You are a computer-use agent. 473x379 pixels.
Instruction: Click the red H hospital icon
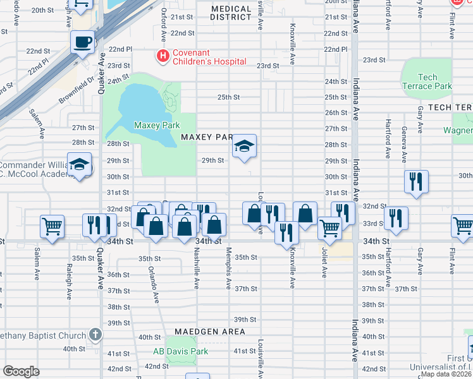pyautogui.click(x=163, y=56)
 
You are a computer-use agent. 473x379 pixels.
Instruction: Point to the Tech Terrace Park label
pyautogui.click(x=427, y=81)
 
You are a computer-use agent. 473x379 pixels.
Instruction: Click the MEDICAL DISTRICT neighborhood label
pyautogui.click(x=231, y=13)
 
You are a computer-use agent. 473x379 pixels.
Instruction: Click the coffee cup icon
pyautogui.click(x=83, y=42)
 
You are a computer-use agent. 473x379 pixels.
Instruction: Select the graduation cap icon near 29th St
pyautogui.click(x=243, y=147)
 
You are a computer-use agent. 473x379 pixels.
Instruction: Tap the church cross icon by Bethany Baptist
pyautogui.click(x=95, y=335)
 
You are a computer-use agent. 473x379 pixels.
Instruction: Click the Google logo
pyautogui.click(x=21, y=371)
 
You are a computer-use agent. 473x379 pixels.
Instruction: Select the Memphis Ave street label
pyautogui.click(x=228, y=275)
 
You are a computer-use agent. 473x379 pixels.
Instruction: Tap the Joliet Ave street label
pyautogui.click(x=324, y=264)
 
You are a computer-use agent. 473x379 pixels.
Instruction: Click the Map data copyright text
pyautogui.click(x=446, y=374)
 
